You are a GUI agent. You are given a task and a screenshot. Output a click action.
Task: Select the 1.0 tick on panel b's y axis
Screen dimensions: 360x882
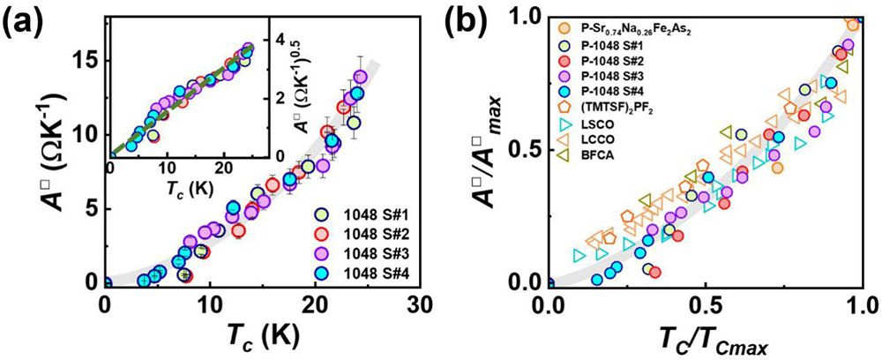(526, 17)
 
